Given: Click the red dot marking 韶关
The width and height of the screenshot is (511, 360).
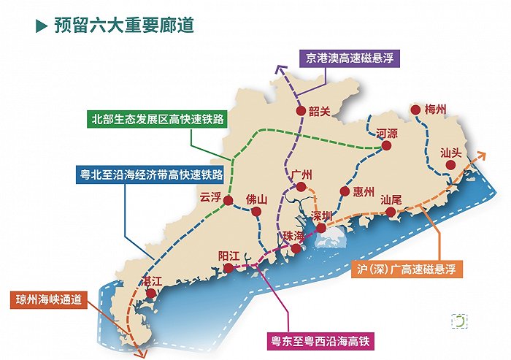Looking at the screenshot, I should pyautogui.click(x=300, y=111).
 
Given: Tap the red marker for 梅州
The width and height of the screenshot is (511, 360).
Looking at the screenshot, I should pyautogui.click(x=415, y=110).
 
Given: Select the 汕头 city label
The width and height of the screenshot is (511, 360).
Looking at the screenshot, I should pyautogui.click(x=452, y=153).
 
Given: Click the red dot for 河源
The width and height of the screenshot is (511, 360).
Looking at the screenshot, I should pyautogui.click(x=387, y=146).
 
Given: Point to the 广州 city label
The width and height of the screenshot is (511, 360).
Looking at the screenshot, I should pyautogui.click(x=301, y=175).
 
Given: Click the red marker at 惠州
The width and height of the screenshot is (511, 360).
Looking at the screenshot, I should pyautogui.click(x=344, y=192).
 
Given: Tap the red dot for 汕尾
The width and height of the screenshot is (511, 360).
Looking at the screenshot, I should pyautogui.click(x=391, y=212).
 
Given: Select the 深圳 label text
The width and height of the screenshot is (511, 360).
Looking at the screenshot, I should pyautogui.click(x=322, y=215).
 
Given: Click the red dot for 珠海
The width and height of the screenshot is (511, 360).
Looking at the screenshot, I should pyautogui.click(x=296, y=249).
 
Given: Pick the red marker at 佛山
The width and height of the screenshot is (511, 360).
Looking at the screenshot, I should pyautogui.click(x=257, y=212).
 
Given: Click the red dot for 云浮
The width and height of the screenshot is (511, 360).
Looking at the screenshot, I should pyautogui.click(x=228, y=200).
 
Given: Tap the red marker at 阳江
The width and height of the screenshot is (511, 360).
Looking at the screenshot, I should pyautogui.click(x=229, y=268).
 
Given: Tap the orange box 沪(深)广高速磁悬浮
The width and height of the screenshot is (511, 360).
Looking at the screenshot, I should pyautogui.click(x=407, y=269).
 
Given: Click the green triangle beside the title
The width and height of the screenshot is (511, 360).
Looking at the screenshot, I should pyautogui.click(x=42, y=26).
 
